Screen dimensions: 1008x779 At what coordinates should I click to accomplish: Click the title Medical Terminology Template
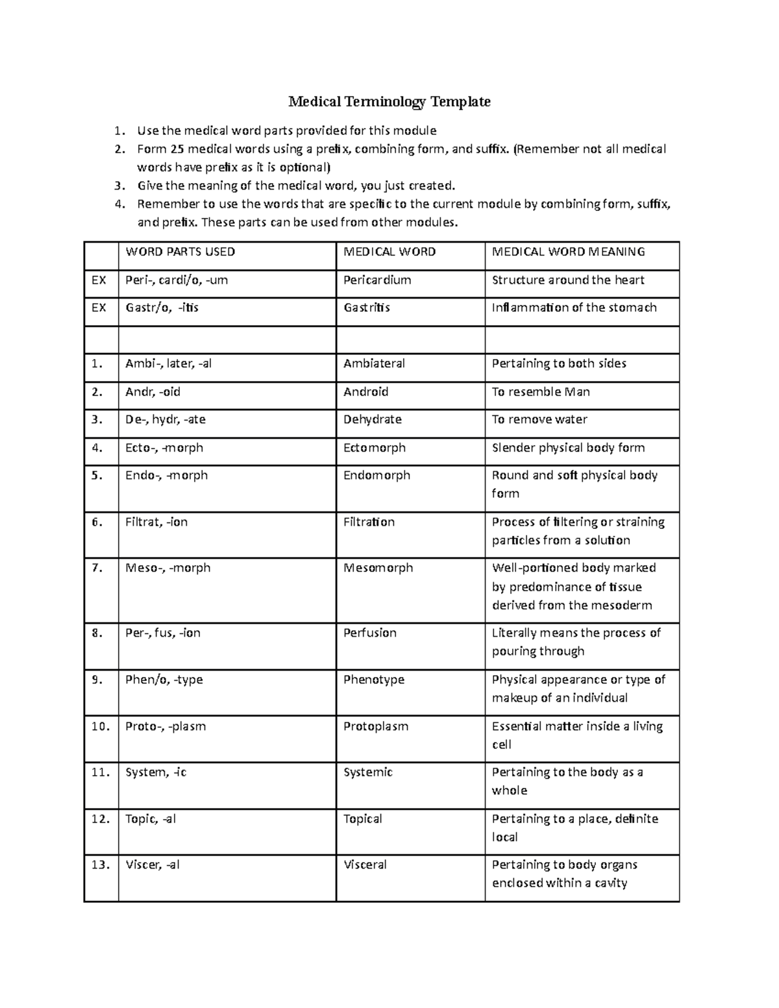(x=389, y=102)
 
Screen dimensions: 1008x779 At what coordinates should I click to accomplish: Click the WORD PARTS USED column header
(x=180, y=252)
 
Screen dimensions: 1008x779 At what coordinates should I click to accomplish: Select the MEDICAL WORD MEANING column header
(x=568, y=252)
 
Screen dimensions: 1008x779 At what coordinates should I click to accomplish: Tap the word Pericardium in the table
(x=377, y=280)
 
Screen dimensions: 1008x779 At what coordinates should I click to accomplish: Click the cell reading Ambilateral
(x=374, y=363)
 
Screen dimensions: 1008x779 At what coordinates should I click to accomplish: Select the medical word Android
(x=365, y=392)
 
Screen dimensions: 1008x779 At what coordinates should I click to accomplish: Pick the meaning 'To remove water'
(x=539, y=420)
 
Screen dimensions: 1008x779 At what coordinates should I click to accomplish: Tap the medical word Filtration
(x=369, y=522)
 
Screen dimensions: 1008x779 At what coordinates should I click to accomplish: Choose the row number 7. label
(x=97, y=568)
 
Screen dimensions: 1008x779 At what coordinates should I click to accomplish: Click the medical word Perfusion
(x=369, y=633)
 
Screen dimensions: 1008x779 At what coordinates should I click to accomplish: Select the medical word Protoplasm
(x=376, y=726)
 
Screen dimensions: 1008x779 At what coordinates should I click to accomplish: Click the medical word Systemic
(x=367, y=772)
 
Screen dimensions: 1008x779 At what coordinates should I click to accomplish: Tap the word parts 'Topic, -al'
(x=151, y=819)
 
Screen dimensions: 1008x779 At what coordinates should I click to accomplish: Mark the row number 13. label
(x=101, y=865)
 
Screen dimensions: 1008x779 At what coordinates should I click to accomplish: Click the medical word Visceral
(x=365, y=865)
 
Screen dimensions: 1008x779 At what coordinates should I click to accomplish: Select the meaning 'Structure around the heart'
(x=568, y=280)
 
